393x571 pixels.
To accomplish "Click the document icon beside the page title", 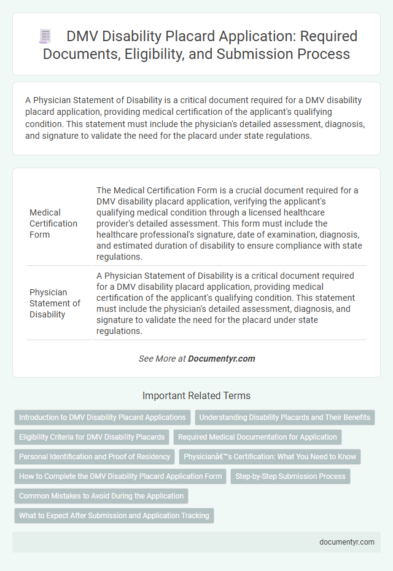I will (x=45, y=36).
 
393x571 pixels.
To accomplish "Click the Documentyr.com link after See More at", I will (x=222, y=359).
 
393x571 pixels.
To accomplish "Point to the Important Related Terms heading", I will (x=196, y=396).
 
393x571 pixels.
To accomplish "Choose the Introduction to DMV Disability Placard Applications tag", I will (x=103, y=418).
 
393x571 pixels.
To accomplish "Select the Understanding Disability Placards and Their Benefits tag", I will (x=285, y=418).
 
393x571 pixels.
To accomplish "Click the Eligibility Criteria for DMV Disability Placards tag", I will (x=91, y=437).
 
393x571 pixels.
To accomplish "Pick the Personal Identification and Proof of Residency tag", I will (x=95, y=457).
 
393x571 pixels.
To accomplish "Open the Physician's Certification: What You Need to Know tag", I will (x=270, y=457).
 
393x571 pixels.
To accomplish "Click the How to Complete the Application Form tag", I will (x=120, y=476).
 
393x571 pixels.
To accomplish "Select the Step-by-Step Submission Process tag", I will (x=290, y=476).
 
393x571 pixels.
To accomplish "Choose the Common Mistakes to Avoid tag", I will (x=101, y=496).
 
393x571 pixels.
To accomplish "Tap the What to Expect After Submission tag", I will (x=114, y=516).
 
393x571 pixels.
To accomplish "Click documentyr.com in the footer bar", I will (x=347, y=543).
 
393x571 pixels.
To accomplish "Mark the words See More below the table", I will (x=157, y=359).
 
